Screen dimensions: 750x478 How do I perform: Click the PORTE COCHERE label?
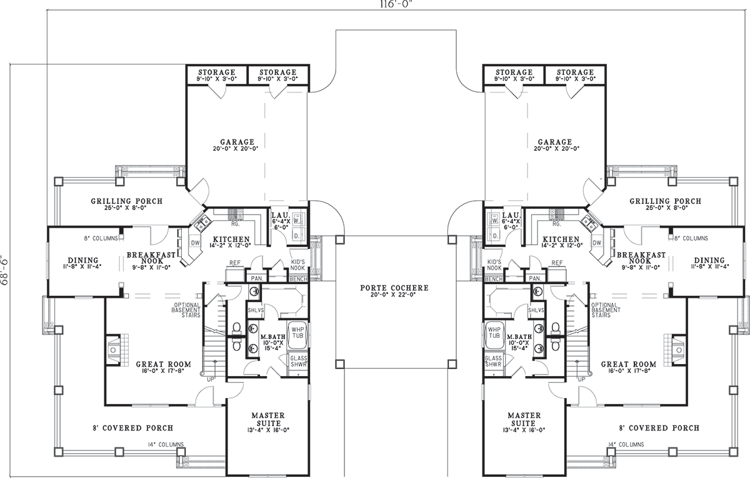coord(394,288)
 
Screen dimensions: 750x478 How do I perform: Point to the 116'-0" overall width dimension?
coord(395,4)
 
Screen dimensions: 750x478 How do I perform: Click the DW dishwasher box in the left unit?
coord(195,243)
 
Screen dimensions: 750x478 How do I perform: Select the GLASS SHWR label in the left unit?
coord(299,362)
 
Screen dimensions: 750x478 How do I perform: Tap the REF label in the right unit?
coord(557,263)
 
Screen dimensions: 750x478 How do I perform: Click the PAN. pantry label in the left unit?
coord(257,278)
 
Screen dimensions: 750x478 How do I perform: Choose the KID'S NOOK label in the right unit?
coord(494,265)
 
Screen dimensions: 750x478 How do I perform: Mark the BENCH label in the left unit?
coord(298,279)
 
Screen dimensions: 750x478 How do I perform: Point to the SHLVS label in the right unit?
coord(536,310)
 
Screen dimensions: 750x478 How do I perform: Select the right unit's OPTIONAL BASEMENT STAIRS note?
coord(606,310)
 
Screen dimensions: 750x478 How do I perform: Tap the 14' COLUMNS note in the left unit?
coord(166,444)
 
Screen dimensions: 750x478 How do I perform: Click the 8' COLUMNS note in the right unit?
coord(691,238)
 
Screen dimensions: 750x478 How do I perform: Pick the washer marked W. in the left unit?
coord(297,221)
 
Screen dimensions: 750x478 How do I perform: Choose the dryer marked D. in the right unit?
coord(494,236)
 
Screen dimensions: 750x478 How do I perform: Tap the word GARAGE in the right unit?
coord(555,142)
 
